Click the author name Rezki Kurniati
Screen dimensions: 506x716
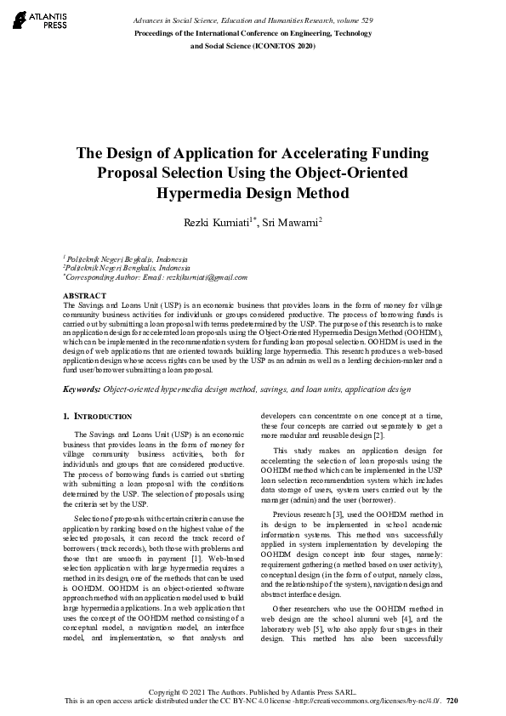[x=220, y=222]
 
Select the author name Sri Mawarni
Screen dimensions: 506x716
[x=293, y=222]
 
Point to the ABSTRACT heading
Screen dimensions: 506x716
[x=84, y=295]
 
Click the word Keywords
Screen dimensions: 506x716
[x=82, y=389]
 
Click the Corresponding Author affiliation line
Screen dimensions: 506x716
[x=155, y=277]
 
